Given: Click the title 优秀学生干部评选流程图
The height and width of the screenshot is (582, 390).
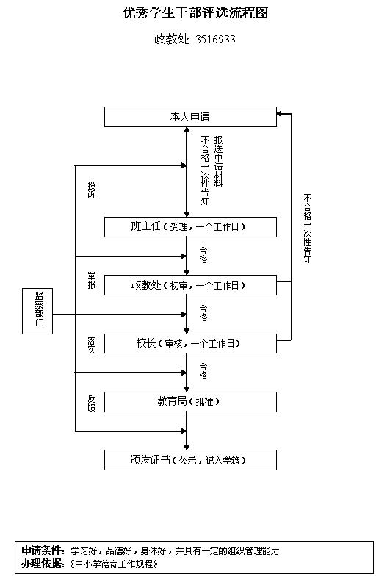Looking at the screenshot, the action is pyautogui.click(x=195, y=13).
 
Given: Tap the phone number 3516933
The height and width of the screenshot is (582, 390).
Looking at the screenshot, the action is pyautogui.click(x=215, y=39).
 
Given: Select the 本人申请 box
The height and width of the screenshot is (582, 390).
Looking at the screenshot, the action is pyautogui.click(x=190, y=117).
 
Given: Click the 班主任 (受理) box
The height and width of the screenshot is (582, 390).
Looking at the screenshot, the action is pyautogui.click(x=190, y=227).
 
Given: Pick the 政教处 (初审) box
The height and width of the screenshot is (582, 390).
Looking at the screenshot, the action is pyautogui.click(x=190, y=285).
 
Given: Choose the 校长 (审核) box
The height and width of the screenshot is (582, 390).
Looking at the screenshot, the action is pyautogui.click(x=190, y=343).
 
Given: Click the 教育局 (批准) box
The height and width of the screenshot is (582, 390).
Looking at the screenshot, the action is pyautogui.click(x=190, y=402).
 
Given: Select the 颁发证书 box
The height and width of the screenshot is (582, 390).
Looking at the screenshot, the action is pyautogui.click(x=190, y=460).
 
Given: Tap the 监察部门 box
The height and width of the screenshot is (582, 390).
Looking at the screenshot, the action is pyautogui.click(x=37, y=311).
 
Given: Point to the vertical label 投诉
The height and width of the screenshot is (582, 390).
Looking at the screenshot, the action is pyautogui.click(x=91, y=190).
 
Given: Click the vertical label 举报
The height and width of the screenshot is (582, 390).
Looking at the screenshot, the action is pyautogui.click(x=91, y=281).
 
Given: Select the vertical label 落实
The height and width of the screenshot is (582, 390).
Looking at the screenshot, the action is pyautogui.click(x=91, y=345).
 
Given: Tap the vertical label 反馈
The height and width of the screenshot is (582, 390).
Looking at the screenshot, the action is pyautogui.click(x=91, y=403).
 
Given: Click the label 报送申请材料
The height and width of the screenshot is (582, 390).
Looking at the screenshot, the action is pyautogui.click(x=219, y=161).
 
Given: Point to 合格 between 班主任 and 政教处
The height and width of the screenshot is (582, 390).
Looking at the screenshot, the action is pyautogui.click(x=203, y=255).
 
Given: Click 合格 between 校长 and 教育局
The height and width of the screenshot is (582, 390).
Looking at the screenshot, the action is pyautogui.click(x=203, y=371).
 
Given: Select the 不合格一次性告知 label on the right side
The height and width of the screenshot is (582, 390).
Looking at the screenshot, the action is pyautogui.click(x=308, y=228).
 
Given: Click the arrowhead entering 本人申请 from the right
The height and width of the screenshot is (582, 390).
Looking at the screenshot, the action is pyautogui.click(x=280, y=114).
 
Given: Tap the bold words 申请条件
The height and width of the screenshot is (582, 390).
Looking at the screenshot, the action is pyautogui.click(x=43, y=550).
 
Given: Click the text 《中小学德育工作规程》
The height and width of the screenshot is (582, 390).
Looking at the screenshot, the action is pyautogui.click(x=114, y=564).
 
